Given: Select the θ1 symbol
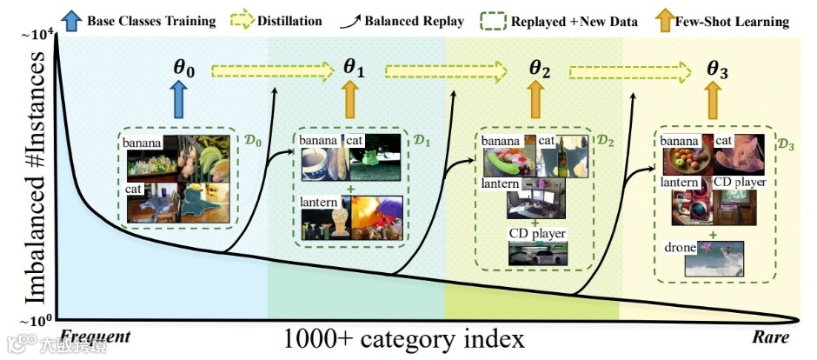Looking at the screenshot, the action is point(353,67).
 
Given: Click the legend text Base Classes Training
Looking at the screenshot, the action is point(150,19).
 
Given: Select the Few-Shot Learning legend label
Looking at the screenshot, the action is point(738,19).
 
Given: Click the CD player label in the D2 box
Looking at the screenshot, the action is point(535,233).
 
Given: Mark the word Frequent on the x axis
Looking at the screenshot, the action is point(96,337).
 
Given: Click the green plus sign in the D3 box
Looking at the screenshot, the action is point(711,235).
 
